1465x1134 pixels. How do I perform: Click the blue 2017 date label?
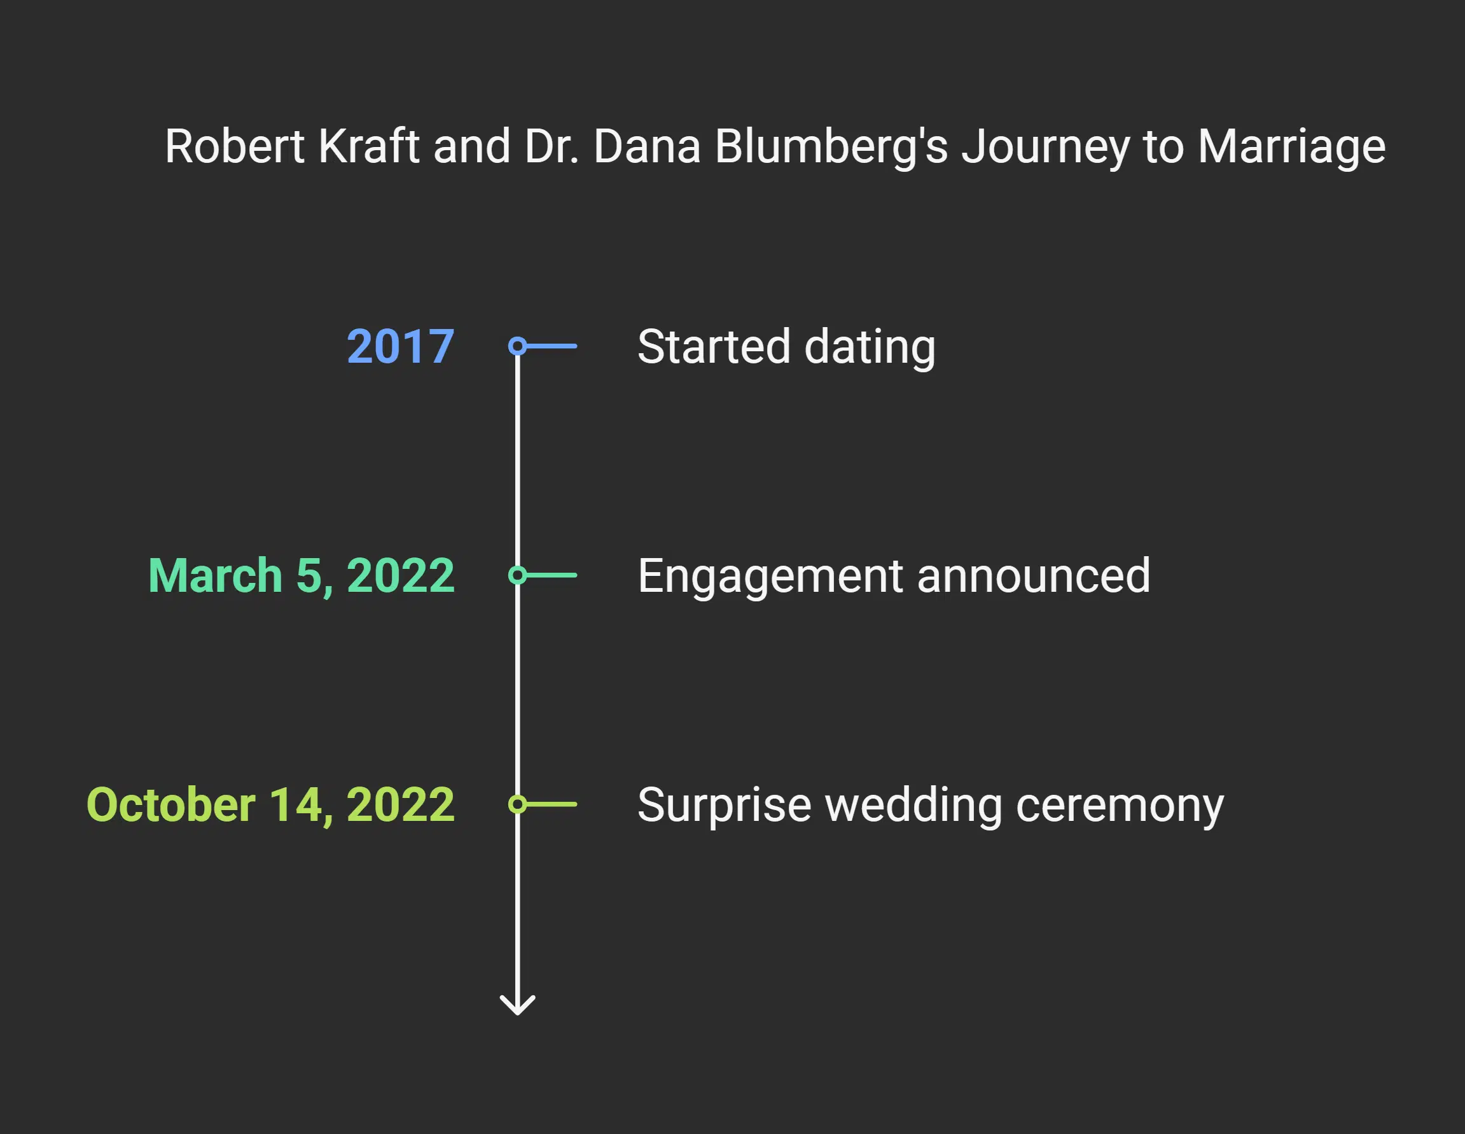click(401, 347)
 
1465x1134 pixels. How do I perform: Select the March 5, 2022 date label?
click(301, 576)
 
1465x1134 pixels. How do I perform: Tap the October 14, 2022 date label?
click(270, 804)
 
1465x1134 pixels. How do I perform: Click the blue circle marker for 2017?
click(517, 346)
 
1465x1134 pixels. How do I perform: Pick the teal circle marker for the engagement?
click(517, 575)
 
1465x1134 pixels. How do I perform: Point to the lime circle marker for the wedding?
click(517, 804)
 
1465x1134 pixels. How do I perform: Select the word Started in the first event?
click(713, 347)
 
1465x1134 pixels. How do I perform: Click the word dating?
click(870, 348)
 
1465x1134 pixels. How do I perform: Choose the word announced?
click(1033, 576)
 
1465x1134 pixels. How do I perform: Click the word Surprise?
click(724, 805)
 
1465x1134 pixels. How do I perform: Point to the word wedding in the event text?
click(913, 805)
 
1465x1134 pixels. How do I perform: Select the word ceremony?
click(1120, 805)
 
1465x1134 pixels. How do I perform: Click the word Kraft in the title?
click(368, 146)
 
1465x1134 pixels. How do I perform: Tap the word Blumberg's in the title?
click(831, 148)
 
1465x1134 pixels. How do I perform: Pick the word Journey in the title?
click(1045, 148)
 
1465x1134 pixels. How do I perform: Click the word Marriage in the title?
click(1291, 148)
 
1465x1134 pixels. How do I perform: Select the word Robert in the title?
click(235, 146)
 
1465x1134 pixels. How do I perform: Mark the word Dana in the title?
click(647, 146)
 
